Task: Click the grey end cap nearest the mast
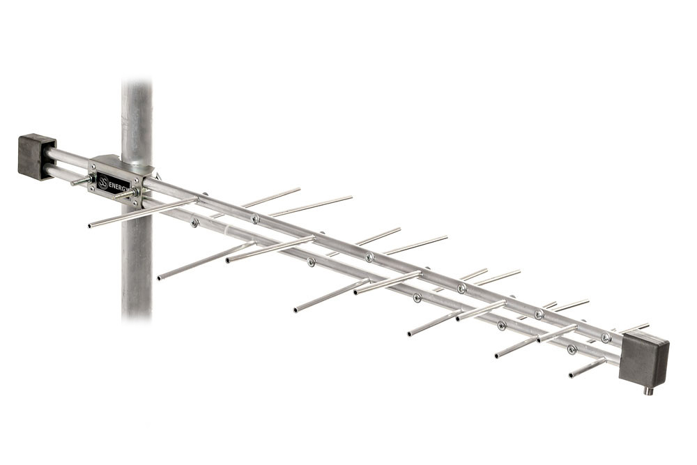tap(36, 155)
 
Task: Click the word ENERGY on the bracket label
tap(118, 185)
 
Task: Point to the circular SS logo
tap(102, 182)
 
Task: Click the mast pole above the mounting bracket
tap(137, 116)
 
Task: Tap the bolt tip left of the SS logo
tap(73, 183)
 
